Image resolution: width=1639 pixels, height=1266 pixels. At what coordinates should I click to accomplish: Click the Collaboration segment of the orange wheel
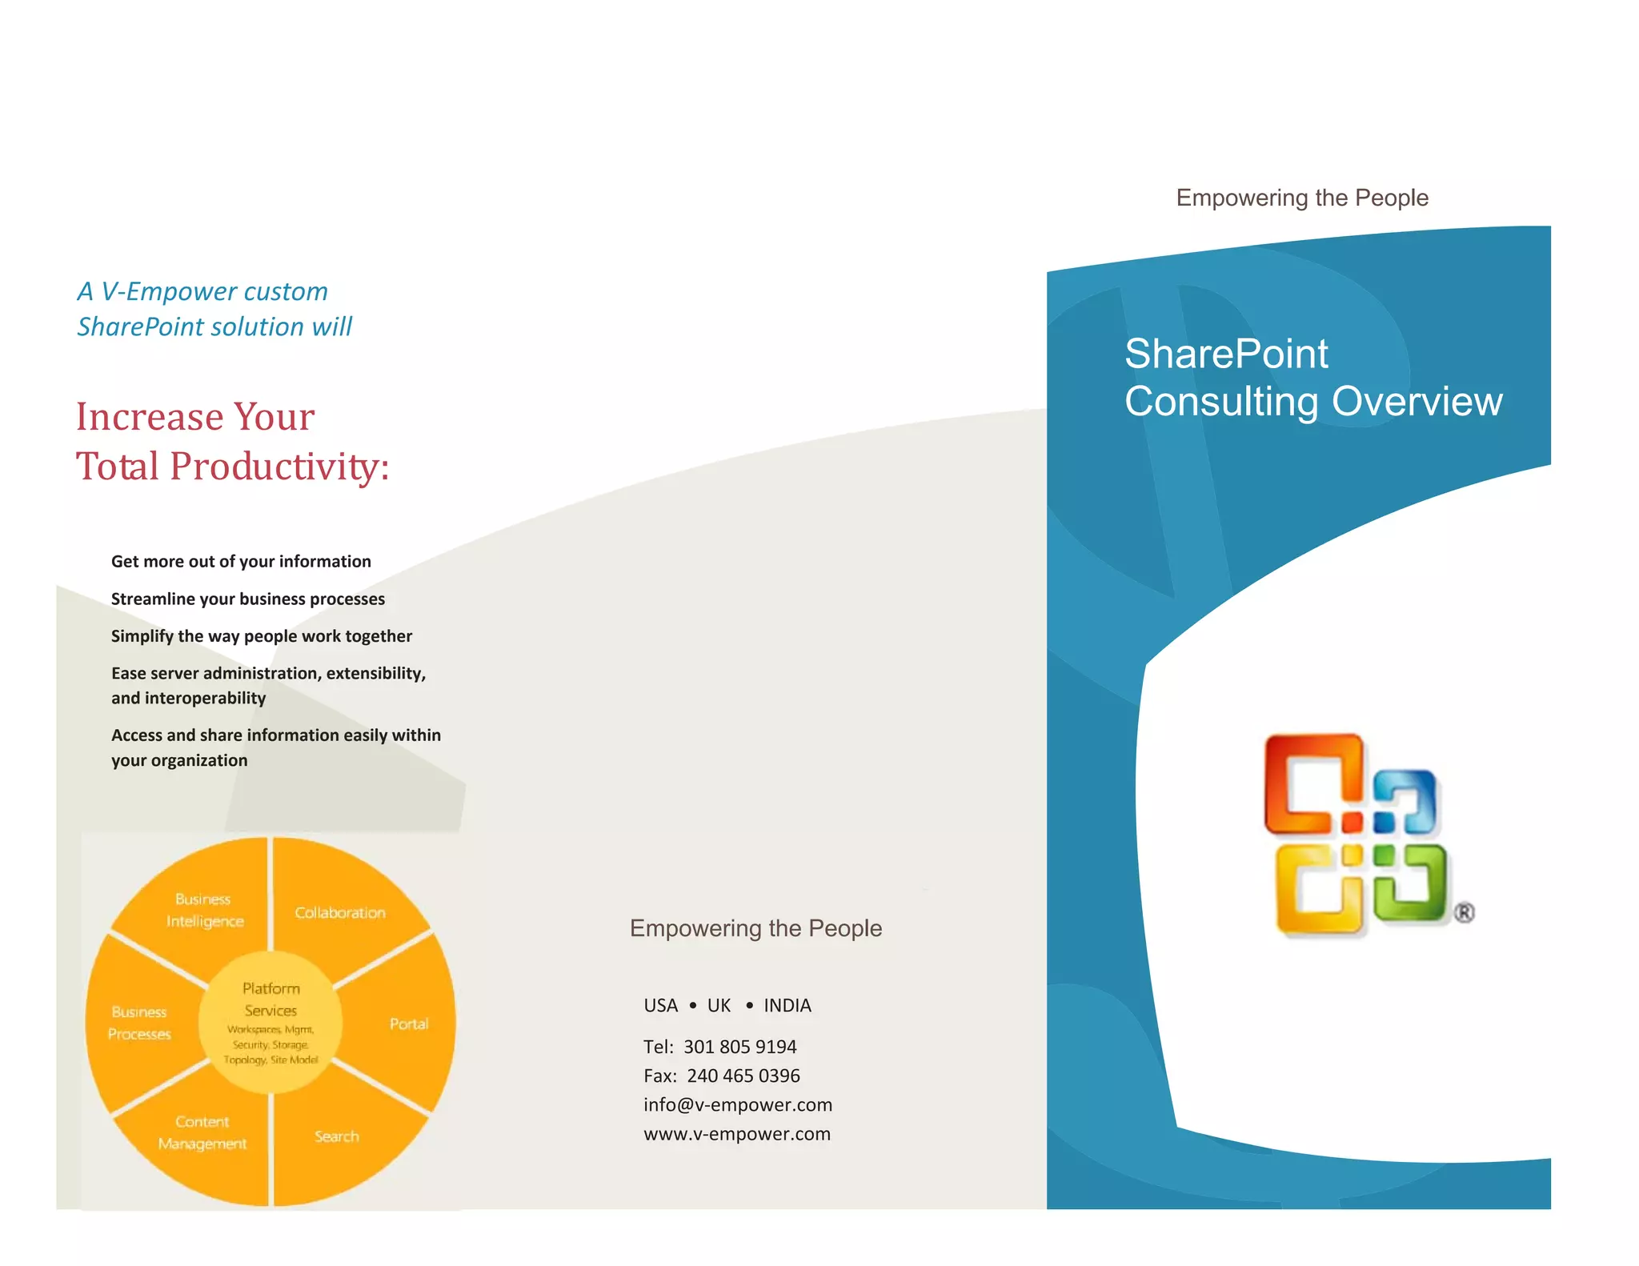tap(339, 912)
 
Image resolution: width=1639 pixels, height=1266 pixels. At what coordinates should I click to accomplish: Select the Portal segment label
tap(409, 1024)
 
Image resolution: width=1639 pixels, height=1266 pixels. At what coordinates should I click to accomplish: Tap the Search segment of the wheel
tap(336, 1136)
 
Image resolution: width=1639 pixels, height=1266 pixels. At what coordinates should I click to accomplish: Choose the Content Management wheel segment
tap(202, 1132)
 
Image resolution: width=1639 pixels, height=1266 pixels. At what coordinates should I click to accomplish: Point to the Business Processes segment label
tap(139, 1023)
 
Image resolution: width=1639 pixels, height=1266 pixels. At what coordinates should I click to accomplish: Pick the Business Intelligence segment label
tap(204, 911)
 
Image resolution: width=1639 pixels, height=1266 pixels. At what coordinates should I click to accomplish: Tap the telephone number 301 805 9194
tap(739, 1047)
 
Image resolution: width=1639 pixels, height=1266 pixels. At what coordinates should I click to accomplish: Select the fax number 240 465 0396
tap(743, 1076)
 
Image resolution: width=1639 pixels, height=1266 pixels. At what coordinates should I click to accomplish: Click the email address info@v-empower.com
tap(738, 1105)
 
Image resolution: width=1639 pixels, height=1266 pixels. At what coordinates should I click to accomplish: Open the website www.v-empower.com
tap(737, 1134)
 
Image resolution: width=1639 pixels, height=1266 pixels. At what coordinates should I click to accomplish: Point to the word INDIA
tap(787, 1006)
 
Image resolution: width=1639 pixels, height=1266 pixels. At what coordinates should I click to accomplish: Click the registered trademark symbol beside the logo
tap(1464, 912)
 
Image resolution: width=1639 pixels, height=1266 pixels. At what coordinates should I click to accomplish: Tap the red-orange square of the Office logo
tap(1313, 784)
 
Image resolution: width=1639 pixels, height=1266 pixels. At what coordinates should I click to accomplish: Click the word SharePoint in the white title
tap(1226, 355)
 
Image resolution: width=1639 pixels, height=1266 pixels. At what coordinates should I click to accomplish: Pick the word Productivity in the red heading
tap(279, 467)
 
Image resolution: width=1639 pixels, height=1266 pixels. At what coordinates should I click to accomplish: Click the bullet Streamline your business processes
tap(247, 599)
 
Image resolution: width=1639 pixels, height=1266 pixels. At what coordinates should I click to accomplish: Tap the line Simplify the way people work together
tap(262, 636)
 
